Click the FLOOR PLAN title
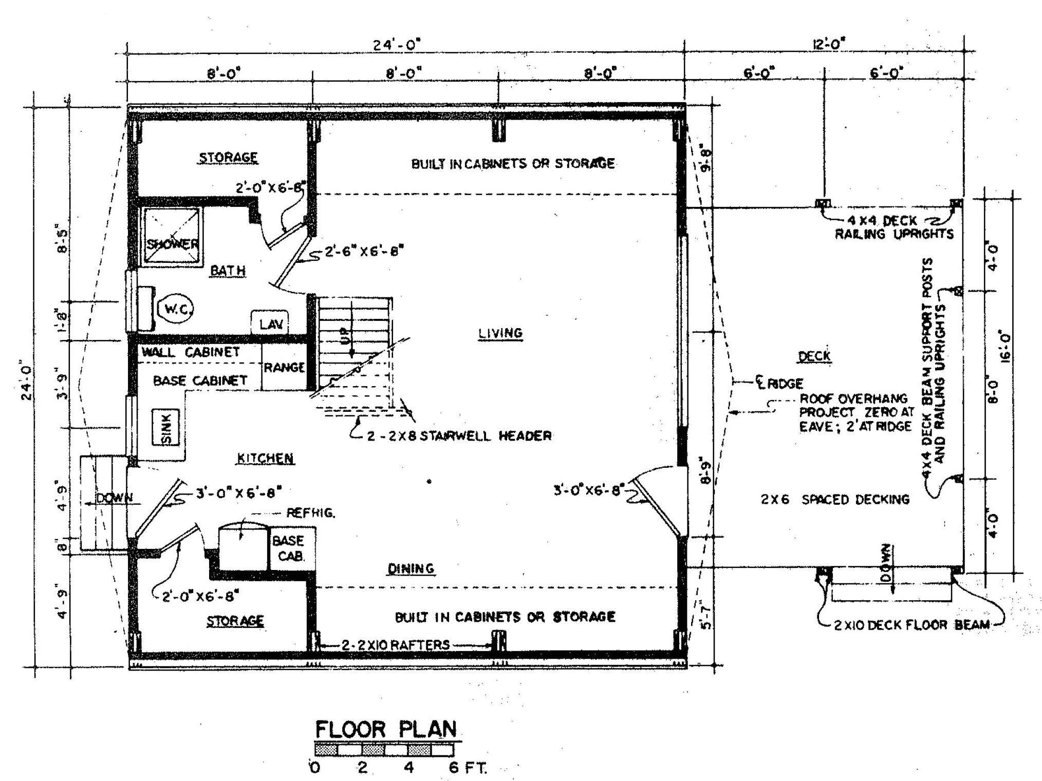point(385,729)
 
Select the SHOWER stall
point(172,236)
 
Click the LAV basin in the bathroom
point(270,323)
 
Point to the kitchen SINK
point(166,426)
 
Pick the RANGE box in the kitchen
point(284,367)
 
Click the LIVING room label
point(500,333)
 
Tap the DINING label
point(411,568)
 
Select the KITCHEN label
point(265,458)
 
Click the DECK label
point(814,356)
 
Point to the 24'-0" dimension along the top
point(396,45)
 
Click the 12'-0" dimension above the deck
point(829,44)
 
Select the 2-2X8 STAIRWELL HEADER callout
point(459,436)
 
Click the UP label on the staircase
point(345,337)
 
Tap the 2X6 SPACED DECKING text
point(835,499)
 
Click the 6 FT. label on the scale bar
point(467,768)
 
